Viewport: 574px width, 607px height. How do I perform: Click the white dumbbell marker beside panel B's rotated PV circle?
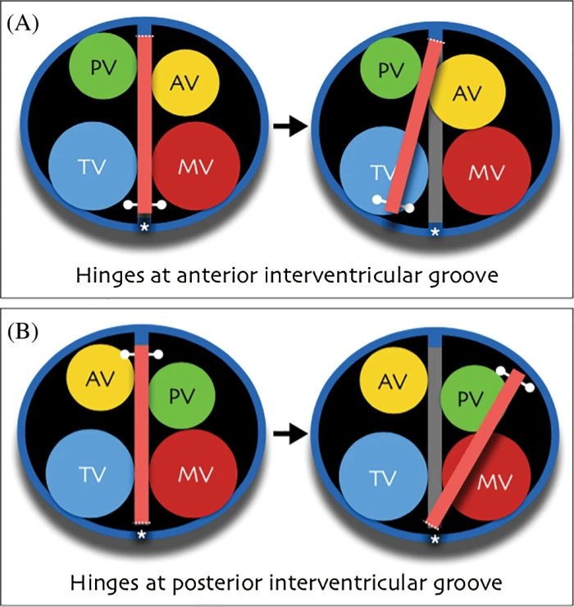click(x=512, y=379)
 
